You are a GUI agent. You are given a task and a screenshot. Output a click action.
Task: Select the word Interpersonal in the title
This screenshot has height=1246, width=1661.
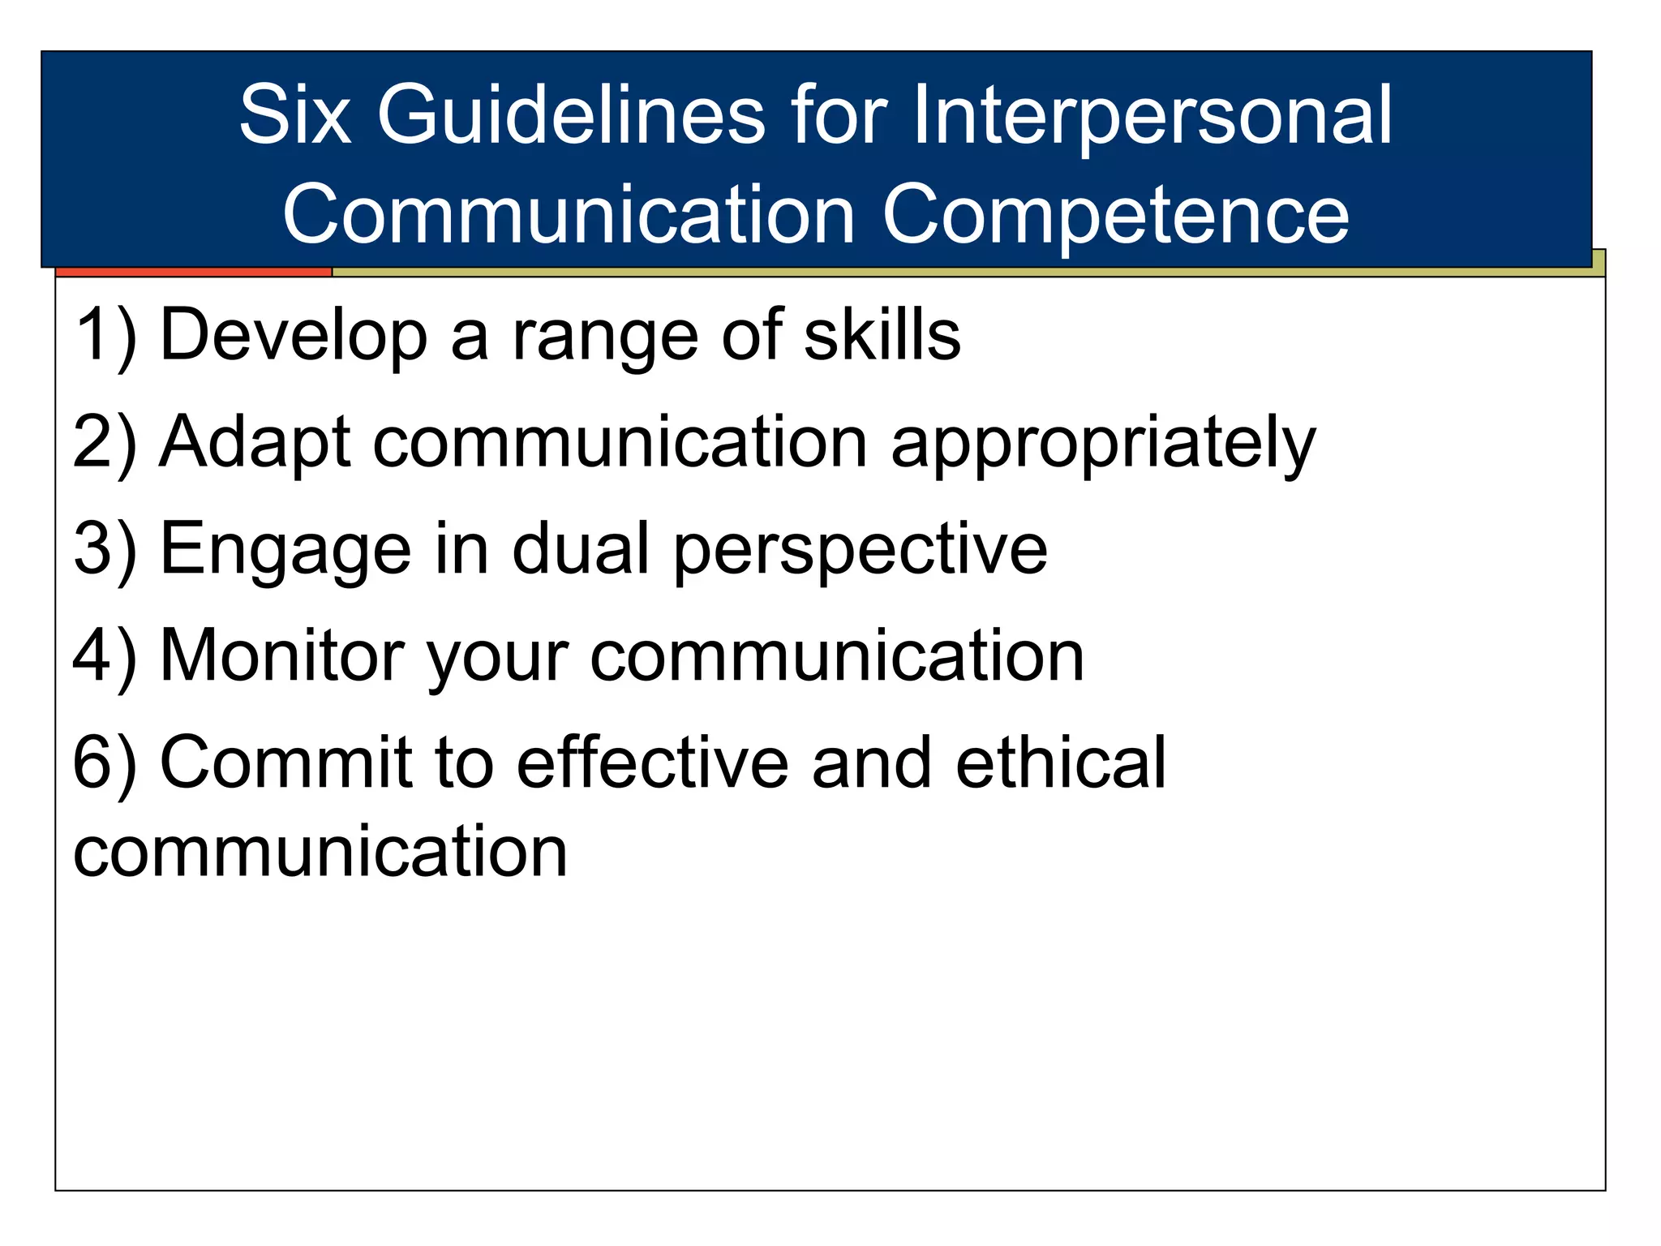pos(1152,115)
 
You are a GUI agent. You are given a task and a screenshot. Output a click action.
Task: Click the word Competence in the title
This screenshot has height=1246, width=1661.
pos(1115,214)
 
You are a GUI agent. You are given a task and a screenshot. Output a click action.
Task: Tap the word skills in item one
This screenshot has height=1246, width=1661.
pos(882,335)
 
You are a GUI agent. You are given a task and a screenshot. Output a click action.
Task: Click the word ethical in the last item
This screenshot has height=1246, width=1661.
pos(1061,763)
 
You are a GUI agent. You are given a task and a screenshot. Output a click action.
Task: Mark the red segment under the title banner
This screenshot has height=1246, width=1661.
pos(194,272)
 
